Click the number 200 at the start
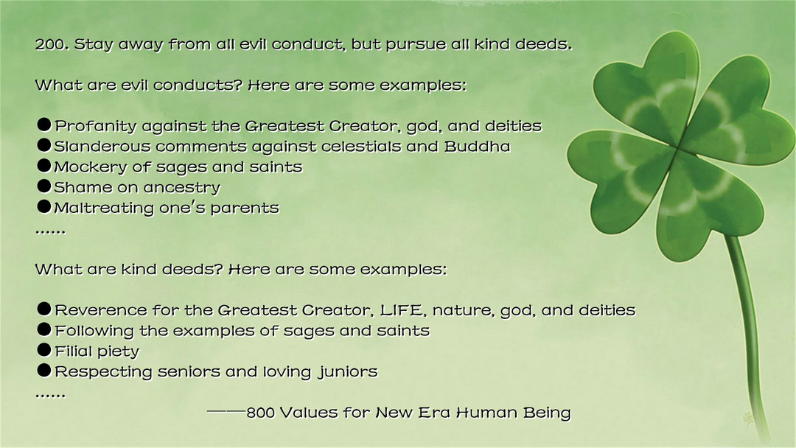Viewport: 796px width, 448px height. point(52,44)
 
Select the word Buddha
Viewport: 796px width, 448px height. point(477,146)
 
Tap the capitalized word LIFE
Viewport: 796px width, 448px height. point(401,310)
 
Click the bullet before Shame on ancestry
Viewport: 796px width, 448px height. point(44,186)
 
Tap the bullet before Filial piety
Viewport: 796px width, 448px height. point(44,350)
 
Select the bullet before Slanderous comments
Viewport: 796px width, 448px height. point(44,146)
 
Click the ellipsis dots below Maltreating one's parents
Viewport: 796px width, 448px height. point(50,232)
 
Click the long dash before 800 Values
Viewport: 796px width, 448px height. point(226,411)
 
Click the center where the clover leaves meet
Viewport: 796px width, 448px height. point(678,147)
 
